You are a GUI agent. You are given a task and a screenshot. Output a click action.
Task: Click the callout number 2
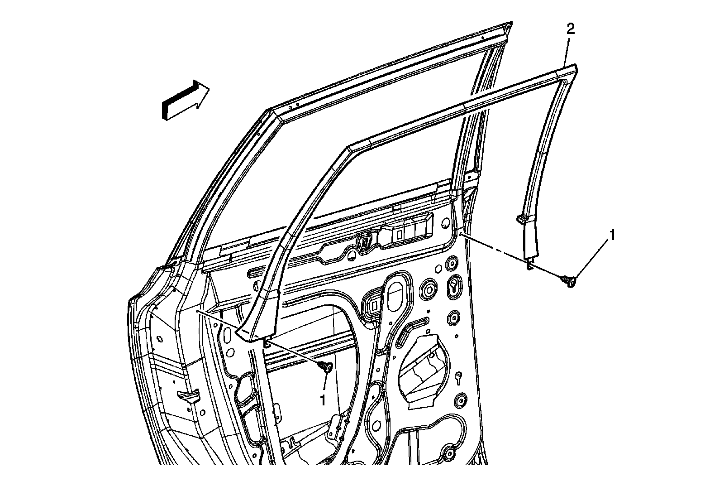[571, 30]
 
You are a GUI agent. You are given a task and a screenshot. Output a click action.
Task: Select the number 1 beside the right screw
[613, 235]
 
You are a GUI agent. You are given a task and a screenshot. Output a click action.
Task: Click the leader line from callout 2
[567, 50]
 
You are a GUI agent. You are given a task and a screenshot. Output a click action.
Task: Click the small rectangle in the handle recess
[399, 234]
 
